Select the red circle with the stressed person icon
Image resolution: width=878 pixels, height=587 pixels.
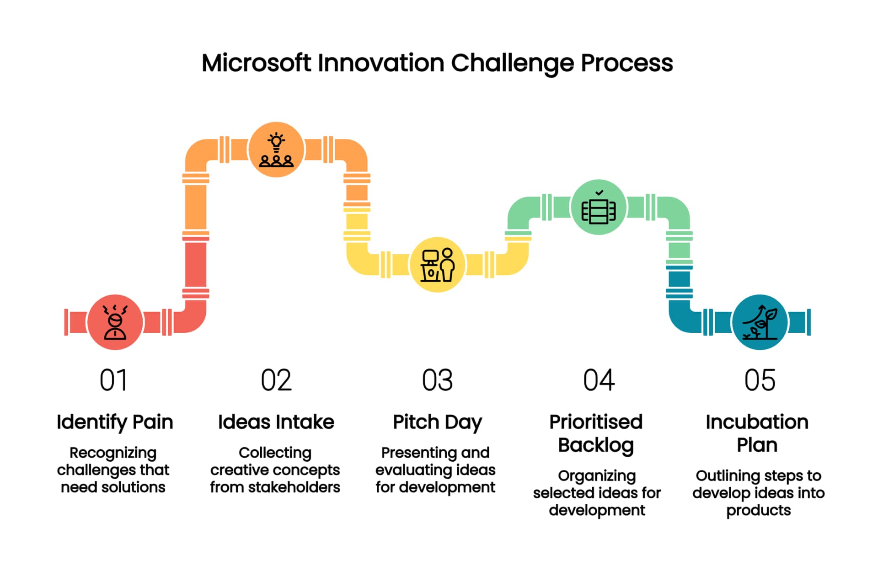coord(115,322)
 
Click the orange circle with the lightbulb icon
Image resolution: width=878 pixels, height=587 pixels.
coord(276,149)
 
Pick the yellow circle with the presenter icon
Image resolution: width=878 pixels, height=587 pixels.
coord(438,265)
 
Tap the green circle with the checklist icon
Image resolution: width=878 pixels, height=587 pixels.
coord(599,207)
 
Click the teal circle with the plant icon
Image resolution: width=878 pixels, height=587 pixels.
coord(760,322)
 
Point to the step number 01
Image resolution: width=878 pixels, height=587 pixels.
coord(113,380)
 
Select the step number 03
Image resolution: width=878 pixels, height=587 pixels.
coord(437,380)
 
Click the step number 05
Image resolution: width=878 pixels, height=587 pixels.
coord(760,380)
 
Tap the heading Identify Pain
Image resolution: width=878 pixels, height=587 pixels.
coord(115,422)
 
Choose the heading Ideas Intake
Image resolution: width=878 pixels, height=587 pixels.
coord(276,422)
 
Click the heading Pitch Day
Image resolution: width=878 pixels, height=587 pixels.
coord(437,422)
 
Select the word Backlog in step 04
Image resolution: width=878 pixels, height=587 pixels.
coord(596,445)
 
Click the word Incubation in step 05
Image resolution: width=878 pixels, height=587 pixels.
coord(757,422)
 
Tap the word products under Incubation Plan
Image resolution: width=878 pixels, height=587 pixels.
coord(759,510)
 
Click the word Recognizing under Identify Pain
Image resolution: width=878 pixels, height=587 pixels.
coord(113,453)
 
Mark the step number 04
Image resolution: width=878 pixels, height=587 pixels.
coord(599,380)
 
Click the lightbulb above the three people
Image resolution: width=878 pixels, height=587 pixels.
coord(276,141)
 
